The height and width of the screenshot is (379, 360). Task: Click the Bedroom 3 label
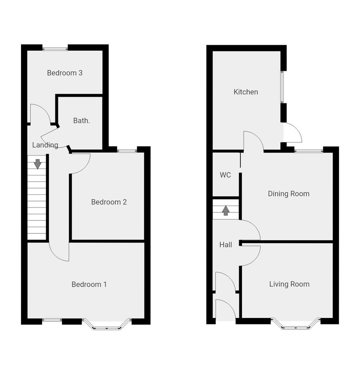(65, 73)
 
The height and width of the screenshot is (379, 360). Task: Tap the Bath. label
(82, 121)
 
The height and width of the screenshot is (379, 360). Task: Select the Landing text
(45, 145)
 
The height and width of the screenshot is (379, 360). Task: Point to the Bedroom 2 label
(109, 202)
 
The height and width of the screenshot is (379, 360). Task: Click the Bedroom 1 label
(89, 284)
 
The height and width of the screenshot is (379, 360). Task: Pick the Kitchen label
(246, 92)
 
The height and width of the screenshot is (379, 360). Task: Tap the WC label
(225, 175)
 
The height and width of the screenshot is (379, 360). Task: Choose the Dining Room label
(288, 194)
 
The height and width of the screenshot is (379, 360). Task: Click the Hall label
(226, 245)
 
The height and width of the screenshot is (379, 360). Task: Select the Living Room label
(289, 284)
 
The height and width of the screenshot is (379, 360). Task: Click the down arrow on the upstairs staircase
(38, 164)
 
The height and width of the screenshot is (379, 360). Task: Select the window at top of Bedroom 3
(55, 49)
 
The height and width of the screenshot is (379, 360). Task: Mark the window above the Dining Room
(309, 151)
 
